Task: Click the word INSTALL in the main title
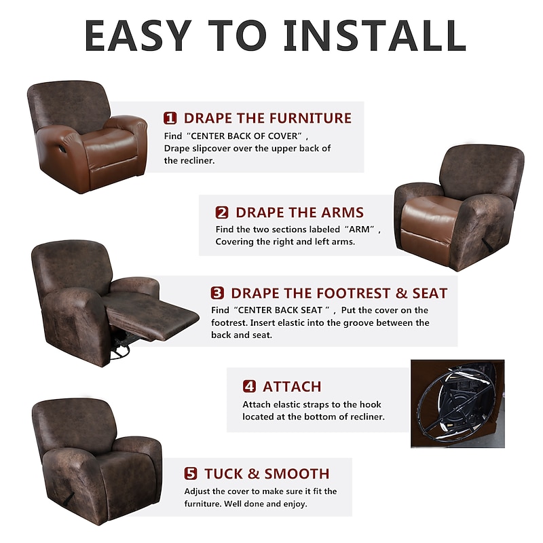pyautogui.click(x=375, y=35)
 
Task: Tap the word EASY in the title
pyautogui.click(x=138, y=35)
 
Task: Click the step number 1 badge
pyautogui.click(x=170, y=118)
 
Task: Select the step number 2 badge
pyautogui.click(x=222, y=212)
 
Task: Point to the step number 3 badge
pyautogui.click(x=217, y=293)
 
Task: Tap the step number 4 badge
pyautogui.click(x=249, y=386)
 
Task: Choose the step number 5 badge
pyautogui.click(x=191, y=473)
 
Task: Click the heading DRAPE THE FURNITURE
pyautogui.click(x=267, y=118)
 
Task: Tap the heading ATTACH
pyautogui.click(x=292, y=386)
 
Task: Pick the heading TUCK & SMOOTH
pyautogui.click(x=267, y=473)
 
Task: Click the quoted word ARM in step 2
pyautogui.click(x=359, y=229)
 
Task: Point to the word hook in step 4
pyautogui.click(x=370, y=405)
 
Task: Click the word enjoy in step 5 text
pyautogui.click(x=295, y=504)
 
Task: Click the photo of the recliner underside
pyautogui.click(x=457, y=403)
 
